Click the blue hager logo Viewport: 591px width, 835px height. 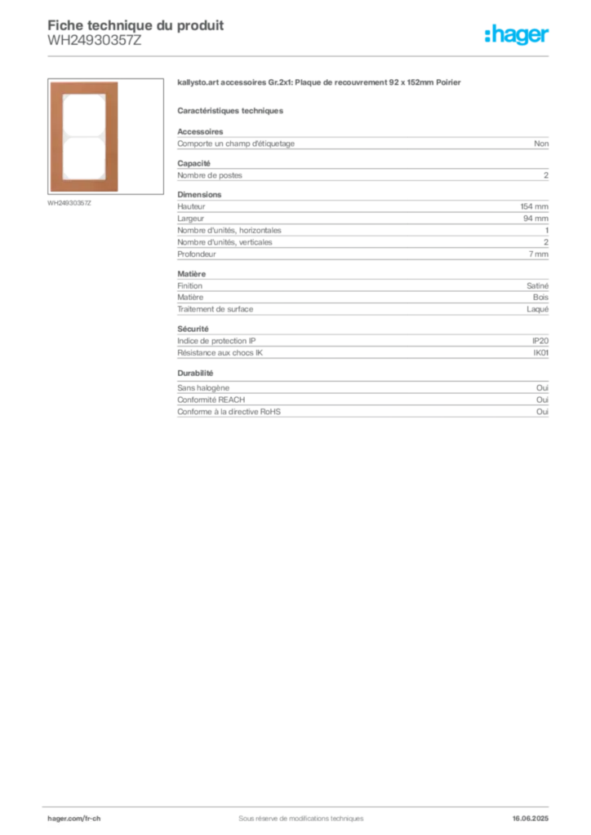click(x=518, y=35)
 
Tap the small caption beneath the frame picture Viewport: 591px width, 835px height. click(x=72, y=203)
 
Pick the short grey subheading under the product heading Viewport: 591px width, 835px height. click(x=231, y=110)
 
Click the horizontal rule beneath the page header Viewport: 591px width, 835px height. click(x=300, y=55)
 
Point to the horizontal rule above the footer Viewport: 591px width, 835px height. click(x=300, y=804)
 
